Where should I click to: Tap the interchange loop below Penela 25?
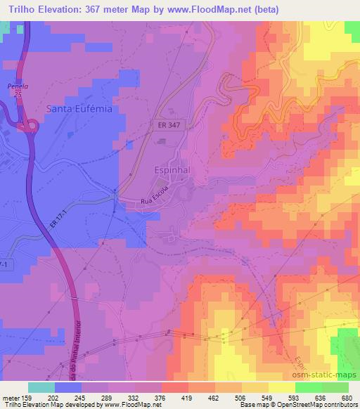(x=30, y=126)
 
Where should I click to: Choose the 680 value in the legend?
(x=345, y=397)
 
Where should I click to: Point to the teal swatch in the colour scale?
(x=42, y=387)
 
